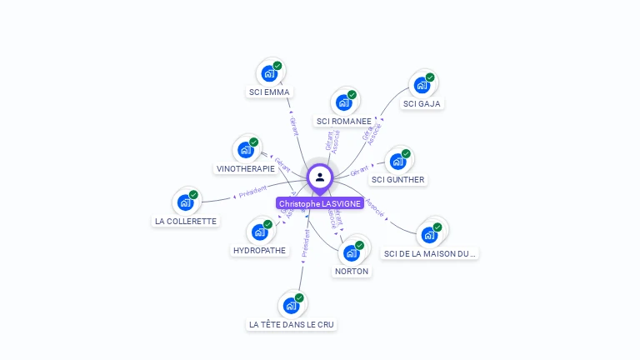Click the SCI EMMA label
[269, 92]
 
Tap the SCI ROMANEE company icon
[342, 103]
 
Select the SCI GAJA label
[421, 104]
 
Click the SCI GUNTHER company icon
[397, 162]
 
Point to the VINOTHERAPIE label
[245, 168]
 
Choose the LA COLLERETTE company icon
[185, 202]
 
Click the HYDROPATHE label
[259, 250]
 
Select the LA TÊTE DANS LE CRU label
[292, 324]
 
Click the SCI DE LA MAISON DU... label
[430, 253]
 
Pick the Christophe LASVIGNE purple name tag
[320, 203]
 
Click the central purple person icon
[320, 177]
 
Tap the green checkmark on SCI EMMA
[277, 66]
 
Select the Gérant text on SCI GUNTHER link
[359, 171]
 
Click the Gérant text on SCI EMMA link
[293, 127]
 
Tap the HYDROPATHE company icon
[259, 232]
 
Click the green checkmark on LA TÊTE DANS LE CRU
[299, 297]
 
